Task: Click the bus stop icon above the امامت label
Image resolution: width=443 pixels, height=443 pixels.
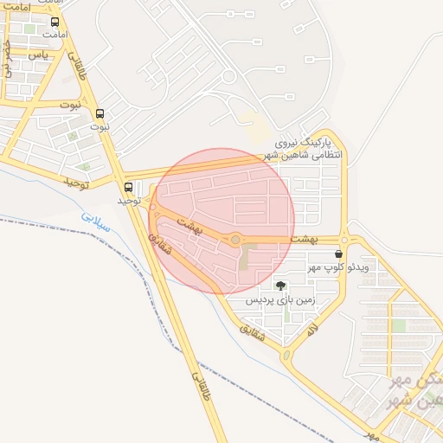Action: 56,22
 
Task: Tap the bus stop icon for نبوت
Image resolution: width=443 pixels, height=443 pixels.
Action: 100,113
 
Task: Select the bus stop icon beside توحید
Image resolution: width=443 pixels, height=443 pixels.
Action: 129,187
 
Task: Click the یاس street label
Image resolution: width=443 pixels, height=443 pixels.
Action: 37,55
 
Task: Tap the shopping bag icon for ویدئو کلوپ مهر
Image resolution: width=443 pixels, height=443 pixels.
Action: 337,254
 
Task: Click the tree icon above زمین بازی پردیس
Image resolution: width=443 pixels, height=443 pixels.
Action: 279,285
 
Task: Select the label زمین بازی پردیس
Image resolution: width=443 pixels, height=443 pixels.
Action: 279,300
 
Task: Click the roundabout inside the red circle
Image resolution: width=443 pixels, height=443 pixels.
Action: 235,240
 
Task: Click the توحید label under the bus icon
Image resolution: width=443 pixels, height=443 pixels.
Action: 129,201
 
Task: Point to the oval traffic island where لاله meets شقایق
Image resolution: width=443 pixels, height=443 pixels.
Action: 286,355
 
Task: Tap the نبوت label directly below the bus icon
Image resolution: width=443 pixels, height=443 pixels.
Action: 101,126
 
